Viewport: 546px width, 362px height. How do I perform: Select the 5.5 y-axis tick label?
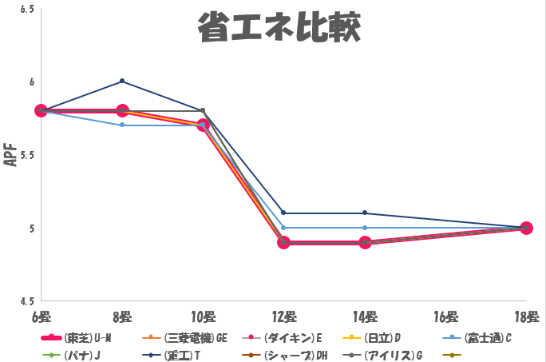26,155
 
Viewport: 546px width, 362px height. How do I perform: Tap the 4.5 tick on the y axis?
26,301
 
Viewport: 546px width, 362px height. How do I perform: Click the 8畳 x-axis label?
122,316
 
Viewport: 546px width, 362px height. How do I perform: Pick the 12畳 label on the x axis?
283,316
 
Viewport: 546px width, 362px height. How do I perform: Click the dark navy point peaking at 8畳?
122,81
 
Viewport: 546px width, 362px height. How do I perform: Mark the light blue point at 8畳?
122,125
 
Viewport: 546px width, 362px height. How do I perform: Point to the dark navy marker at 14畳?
365,213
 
